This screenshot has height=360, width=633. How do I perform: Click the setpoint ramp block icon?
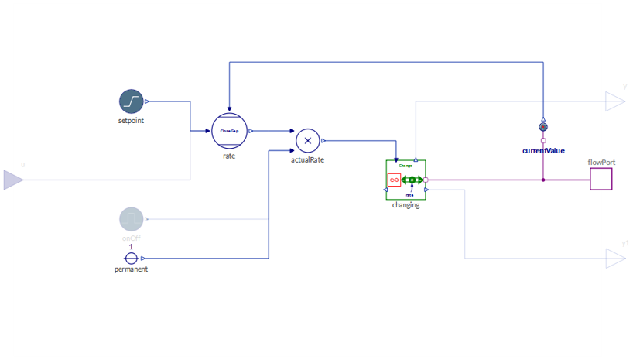(132, 101)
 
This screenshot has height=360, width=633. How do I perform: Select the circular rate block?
(229, 131)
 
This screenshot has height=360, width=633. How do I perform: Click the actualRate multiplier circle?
(308, 141)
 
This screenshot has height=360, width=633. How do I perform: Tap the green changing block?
(405, 180)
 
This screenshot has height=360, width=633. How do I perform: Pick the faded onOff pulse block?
(132, 220)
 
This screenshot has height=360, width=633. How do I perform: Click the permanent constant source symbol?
(132, 259)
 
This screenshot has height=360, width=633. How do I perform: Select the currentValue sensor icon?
(543, 127)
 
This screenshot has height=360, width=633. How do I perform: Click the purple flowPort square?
(601, 180)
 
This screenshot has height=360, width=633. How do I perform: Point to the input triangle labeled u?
(14, 180)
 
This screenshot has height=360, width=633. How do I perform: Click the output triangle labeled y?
(615, 101)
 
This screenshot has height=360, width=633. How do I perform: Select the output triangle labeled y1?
(615, 259)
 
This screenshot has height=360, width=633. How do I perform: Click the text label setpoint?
(131, 121)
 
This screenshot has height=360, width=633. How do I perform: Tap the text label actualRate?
(307, 160)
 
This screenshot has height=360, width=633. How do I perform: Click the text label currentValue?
(543, 150)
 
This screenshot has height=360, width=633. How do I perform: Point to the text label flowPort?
(601, 163)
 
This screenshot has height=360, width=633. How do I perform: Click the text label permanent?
(131, 269)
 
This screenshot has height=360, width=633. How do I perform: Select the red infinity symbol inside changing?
(394, 180)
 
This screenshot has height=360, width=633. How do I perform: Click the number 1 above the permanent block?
(131, 247)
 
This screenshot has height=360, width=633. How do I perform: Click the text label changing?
(405, 205)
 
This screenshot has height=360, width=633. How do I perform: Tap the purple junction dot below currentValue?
(543, 180)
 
